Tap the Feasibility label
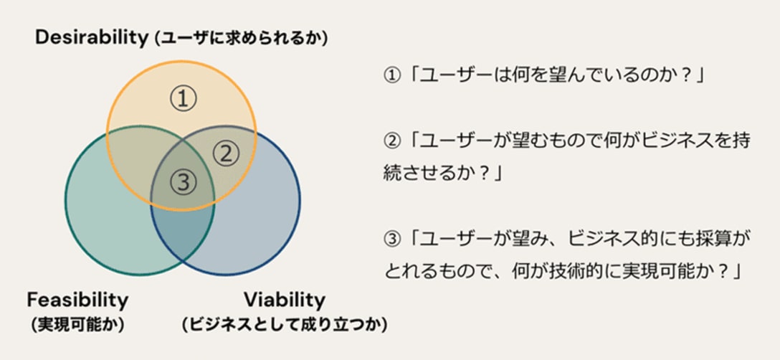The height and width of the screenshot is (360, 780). pos(77,300)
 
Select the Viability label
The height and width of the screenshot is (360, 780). pos(284,300)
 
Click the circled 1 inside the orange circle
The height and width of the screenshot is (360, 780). pos(183,98)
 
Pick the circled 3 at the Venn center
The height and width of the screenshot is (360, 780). pos(183,182)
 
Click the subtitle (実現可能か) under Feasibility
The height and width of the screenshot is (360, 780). pos(77,325)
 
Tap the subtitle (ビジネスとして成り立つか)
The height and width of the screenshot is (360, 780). pos(284,325)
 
